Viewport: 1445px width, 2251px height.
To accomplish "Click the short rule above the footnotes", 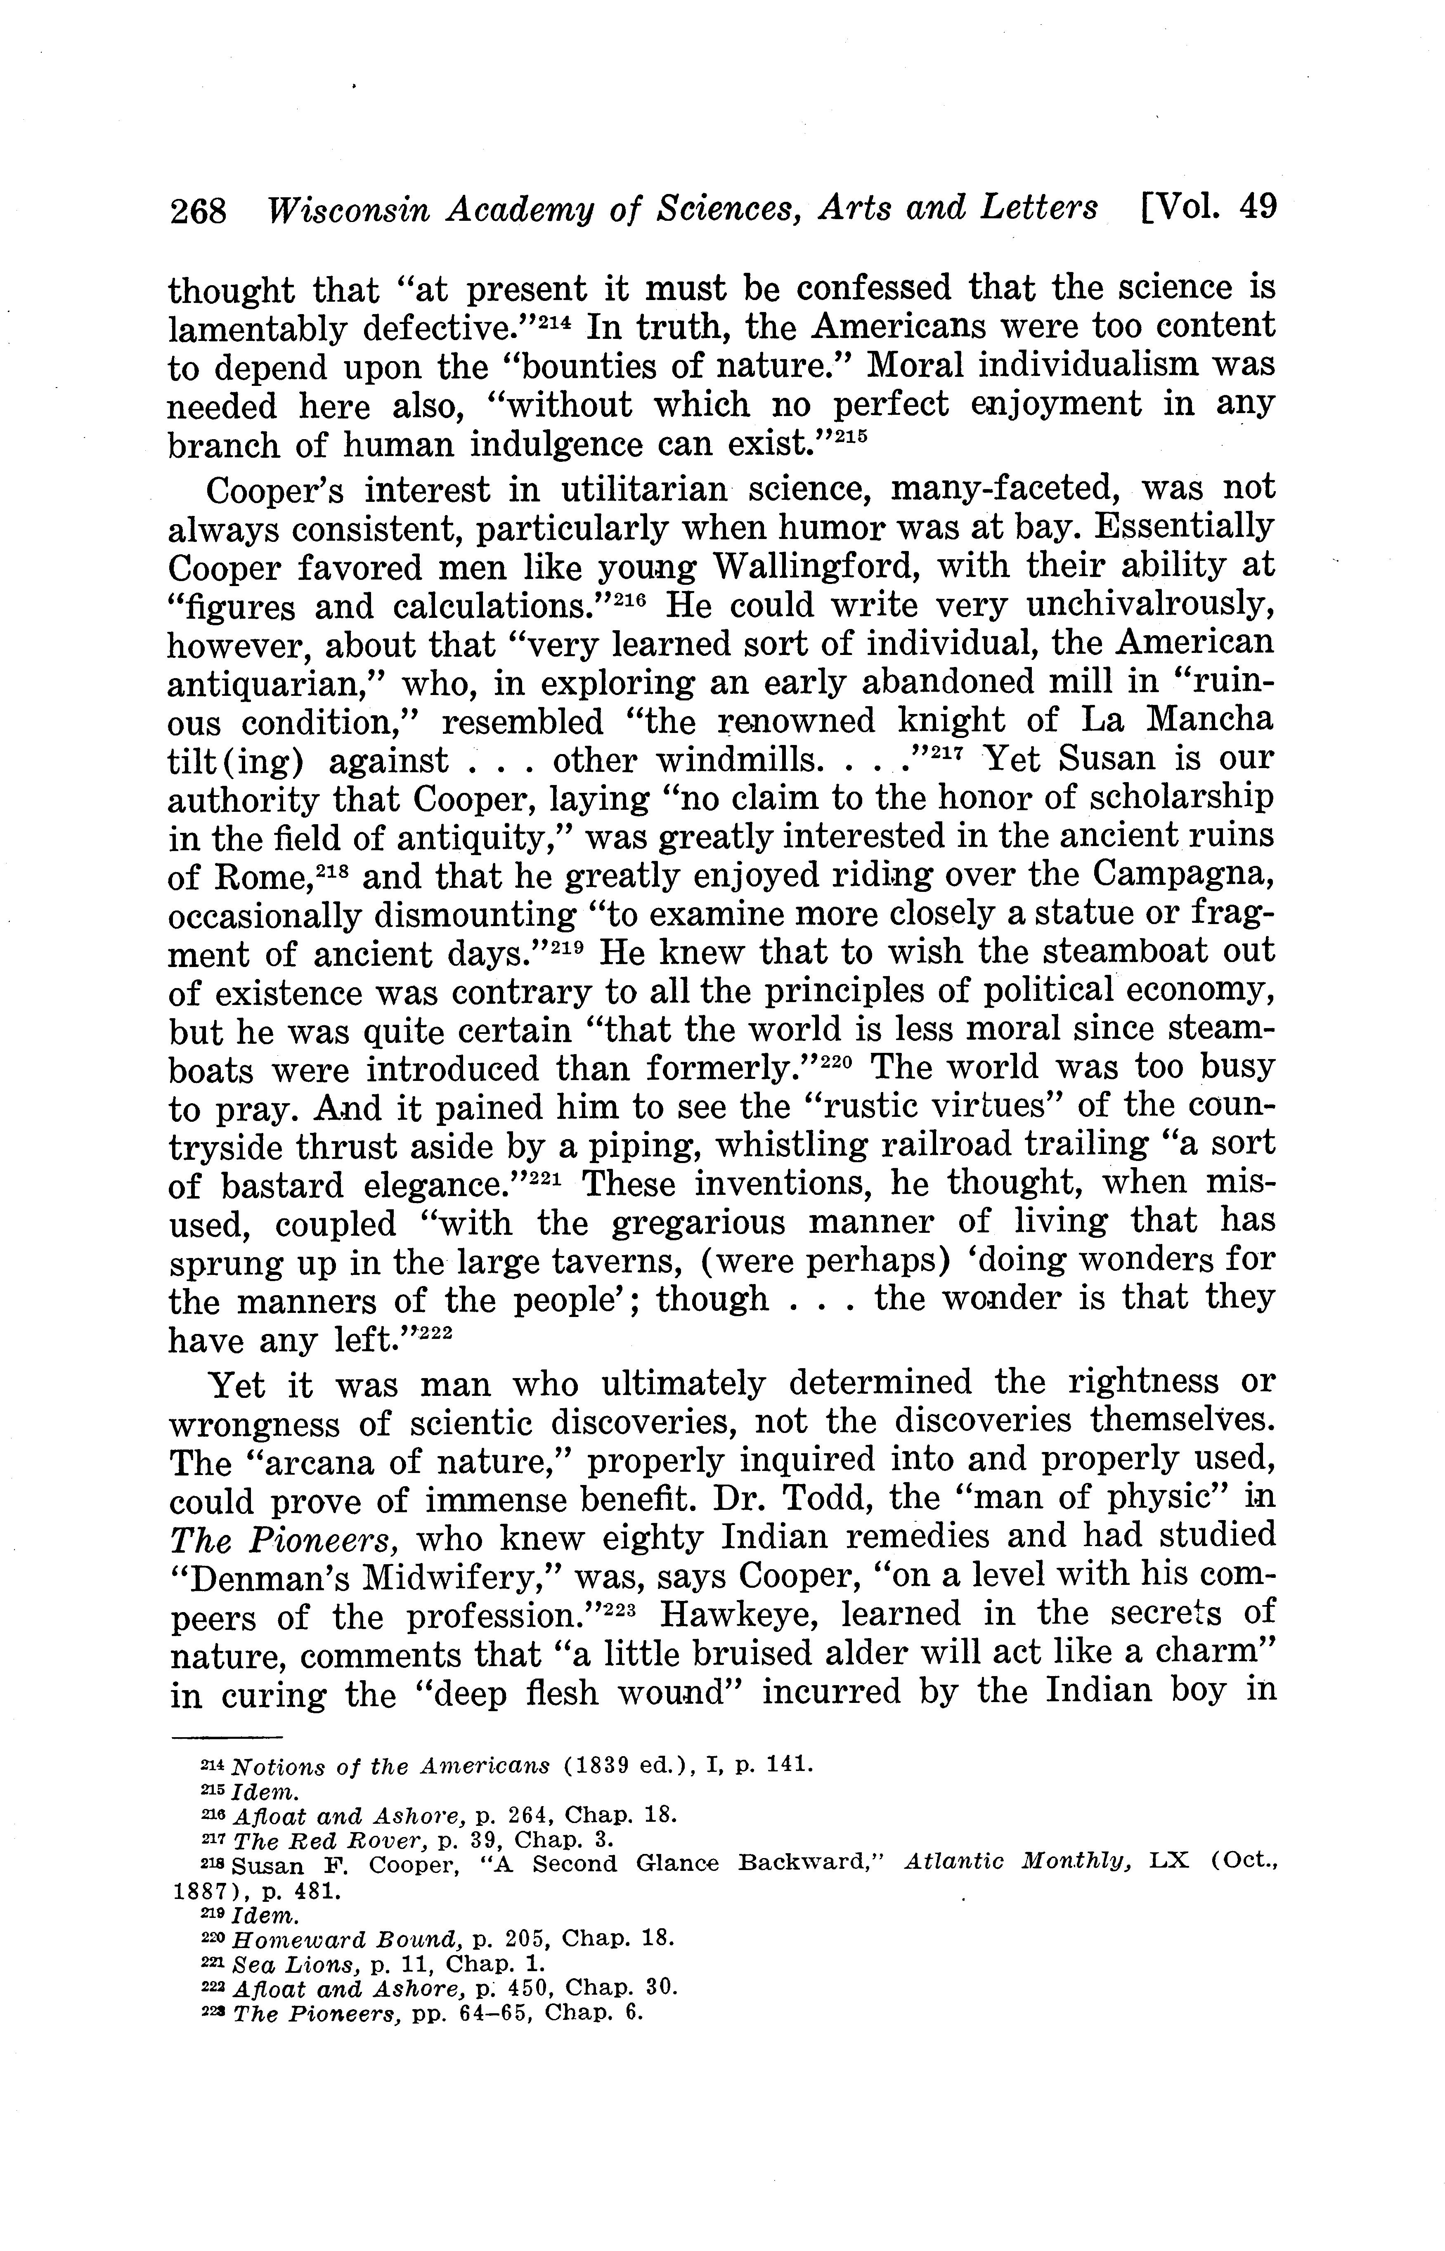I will click(x=226, y=1737).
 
